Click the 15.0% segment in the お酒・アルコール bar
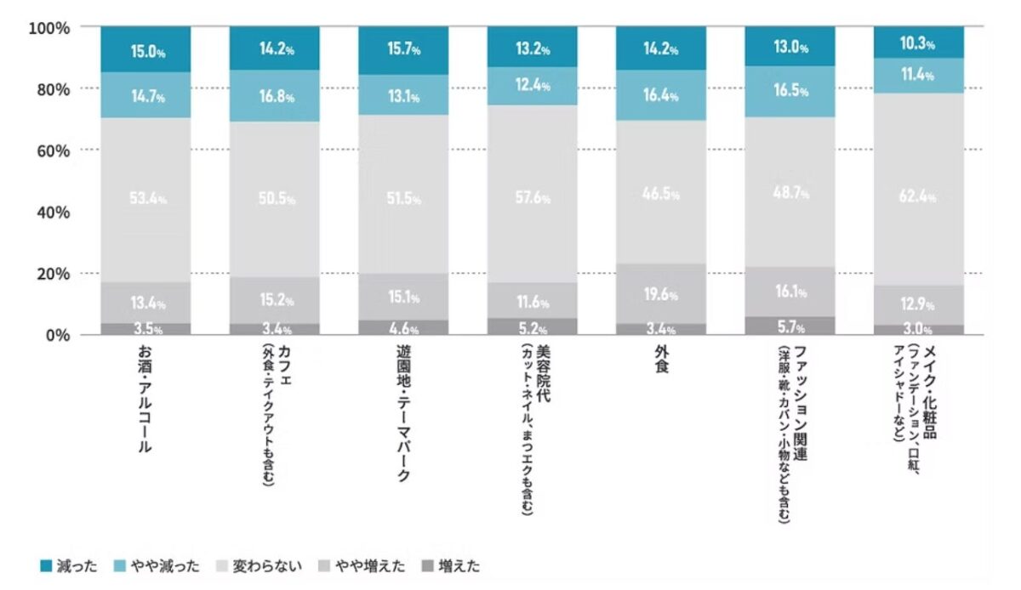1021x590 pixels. pyautogui.click(x=145, y=49)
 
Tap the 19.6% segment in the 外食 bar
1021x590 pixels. pyautogui.click(x=660, y=295)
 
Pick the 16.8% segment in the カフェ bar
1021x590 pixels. pyautogui.click(x=274, y=97)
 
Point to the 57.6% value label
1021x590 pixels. pyautogui.click(x=533, y=198)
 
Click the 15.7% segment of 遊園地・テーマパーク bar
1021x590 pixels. pyautogui.click(x=403, y=50)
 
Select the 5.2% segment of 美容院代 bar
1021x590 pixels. pyautogui.click(x=532, y=327)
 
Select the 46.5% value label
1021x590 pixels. pyautogui.click(x=661, y=194)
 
